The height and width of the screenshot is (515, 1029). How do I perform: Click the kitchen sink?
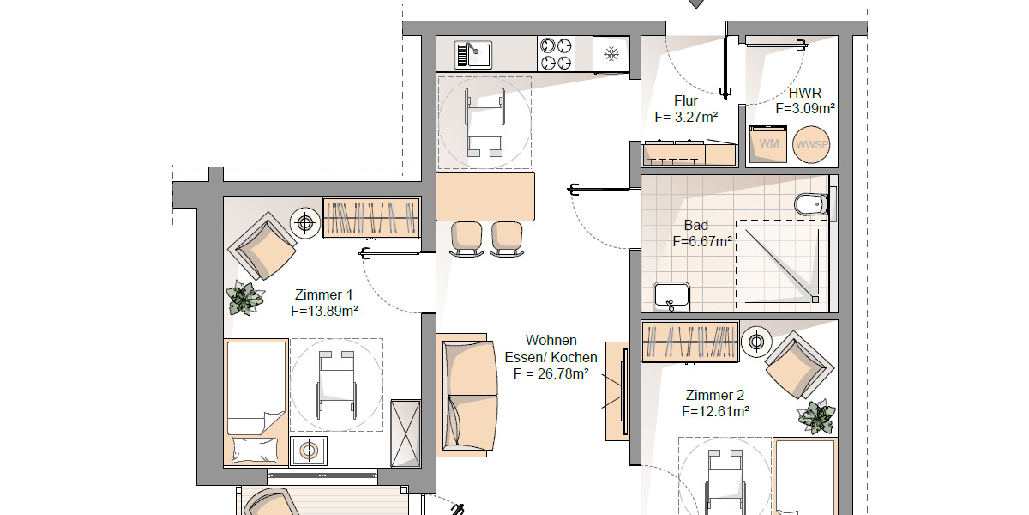click(x=472, y=54)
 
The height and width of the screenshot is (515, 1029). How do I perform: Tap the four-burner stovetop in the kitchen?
click(x=556, y=54)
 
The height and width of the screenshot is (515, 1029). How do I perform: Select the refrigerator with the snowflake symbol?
click(x=611, y=54)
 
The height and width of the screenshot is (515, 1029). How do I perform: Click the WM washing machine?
click(x=768, y=143)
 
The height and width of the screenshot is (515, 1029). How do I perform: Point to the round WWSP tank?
click(x=811, y=143)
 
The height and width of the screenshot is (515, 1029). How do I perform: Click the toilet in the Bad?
click(x=810, y=204)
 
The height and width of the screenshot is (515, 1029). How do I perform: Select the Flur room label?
click(x=686, y=101)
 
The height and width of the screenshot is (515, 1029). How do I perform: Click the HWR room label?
click(x=804, y=94)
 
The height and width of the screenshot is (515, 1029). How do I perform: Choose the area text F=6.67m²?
click(x=702, y=242)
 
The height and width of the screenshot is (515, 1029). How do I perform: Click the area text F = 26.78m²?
click(x=551, y=373)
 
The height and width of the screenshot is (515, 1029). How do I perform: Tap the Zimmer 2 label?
click(x=715, y=396)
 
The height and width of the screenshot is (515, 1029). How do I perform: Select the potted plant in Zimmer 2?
click(x=816, y=417)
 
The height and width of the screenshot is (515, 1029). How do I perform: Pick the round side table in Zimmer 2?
click(x=755, y=342)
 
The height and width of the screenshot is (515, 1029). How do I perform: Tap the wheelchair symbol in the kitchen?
click(x=484, y=123)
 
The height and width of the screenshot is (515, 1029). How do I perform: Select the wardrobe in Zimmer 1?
click(x=371, y=217)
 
